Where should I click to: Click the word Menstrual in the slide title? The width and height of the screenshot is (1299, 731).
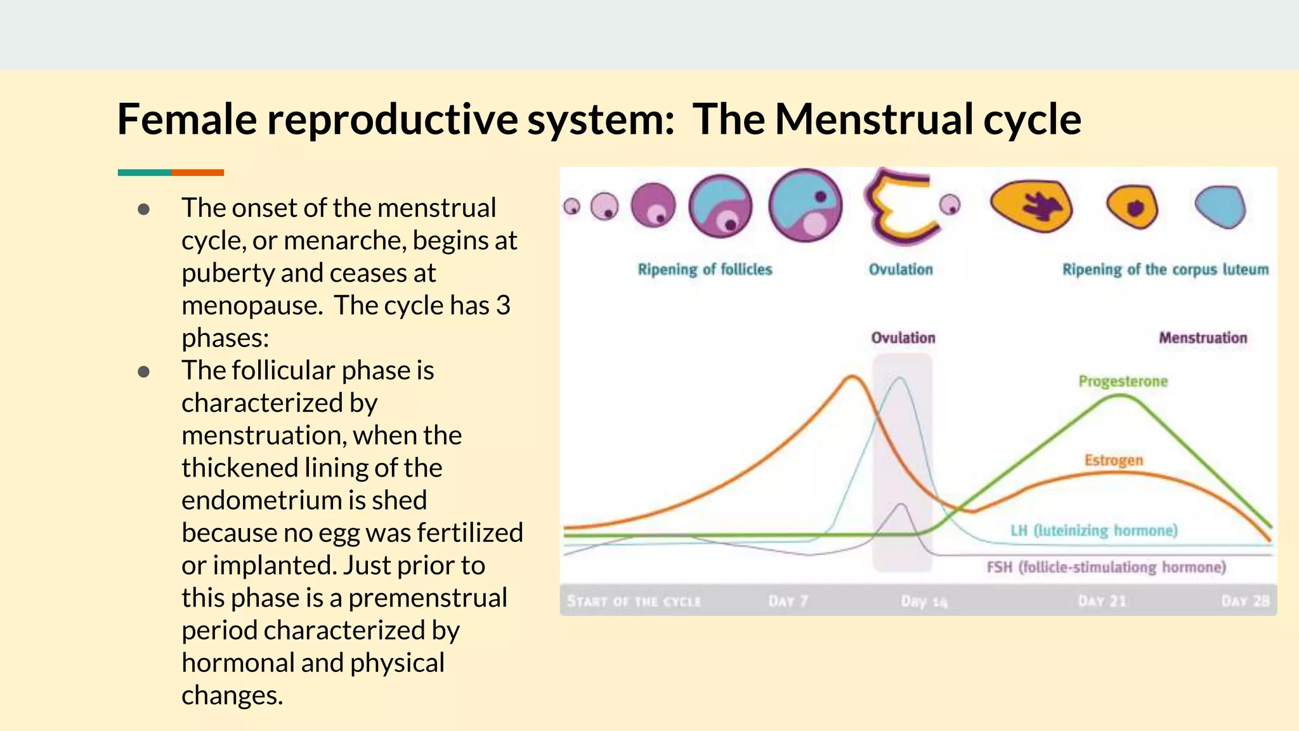pyautogui.click(x=874, y=119)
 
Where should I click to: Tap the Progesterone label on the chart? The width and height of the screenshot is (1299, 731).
pyautogui.click(x=1123, y=381)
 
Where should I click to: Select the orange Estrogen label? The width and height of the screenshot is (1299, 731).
pyautogui.click(x=1113, y=460)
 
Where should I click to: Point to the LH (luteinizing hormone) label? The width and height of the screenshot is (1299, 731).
pyautogui.click(x=1093, y=530)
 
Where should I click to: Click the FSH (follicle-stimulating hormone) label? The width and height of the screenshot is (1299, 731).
pyautogui.click(x=1106, y=567)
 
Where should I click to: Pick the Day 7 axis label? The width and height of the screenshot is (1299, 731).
pyautogui.click(x=788, y=601)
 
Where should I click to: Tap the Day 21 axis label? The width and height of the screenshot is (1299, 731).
pyautogui.click(x=1102, y=601)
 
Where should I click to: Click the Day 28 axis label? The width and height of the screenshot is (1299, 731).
pyautogui.click(x=1245, y=601)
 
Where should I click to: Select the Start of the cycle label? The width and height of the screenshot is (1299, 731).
pyautogui.click(x=634, y=601)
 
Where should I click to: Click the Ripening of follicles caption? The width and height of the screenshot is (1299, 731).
pyautogui.click(x=705, y=270)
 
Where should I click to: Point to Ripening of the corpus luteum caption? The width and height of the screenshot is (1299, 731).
pyautogui.click(x=1165, y=270)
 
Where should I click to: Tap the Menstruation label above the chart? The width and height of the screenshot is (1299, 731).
pyautogui.click(x=1203, y=338)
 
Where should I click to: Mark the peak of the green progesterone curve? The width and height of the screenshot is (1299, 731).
pyautogui.click(x=1121, y=396)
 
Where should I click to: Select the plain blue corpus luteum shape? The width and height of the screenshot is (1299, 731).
pyautogui.click(x=1220, y=206)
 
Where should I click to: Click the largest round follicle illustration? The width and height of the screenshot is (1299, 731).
pyautogui.click(x=806, y=206)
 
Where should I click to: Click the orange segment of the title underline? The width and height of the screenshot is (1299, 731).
pyautogui.click(x=197, y=173)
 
